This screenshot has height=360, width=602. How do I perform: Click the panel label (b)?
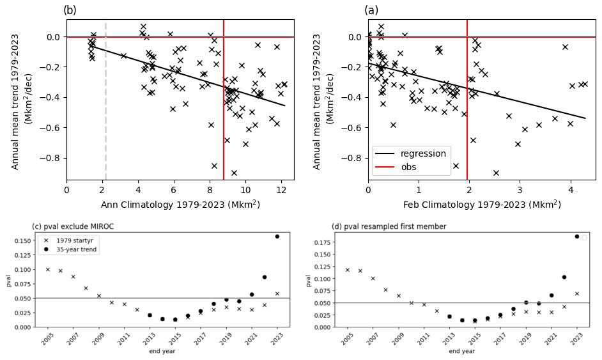click(70, 10)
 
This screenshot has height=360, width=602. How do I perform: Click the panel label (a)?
click(371, 10)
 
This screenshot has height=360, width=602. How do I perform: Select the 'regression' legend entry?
click(422, 154)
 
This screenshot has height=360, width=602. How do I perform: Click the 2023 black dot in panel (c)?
click(277, 237)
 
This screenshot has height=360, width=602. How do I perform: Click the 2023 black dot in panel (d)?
click(576, 237)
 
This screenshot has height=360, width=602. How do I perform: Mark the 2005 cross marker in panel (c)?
click(47, 269)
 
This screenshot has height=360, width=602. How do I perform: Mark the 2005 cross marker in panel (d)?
click(347, 270)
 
